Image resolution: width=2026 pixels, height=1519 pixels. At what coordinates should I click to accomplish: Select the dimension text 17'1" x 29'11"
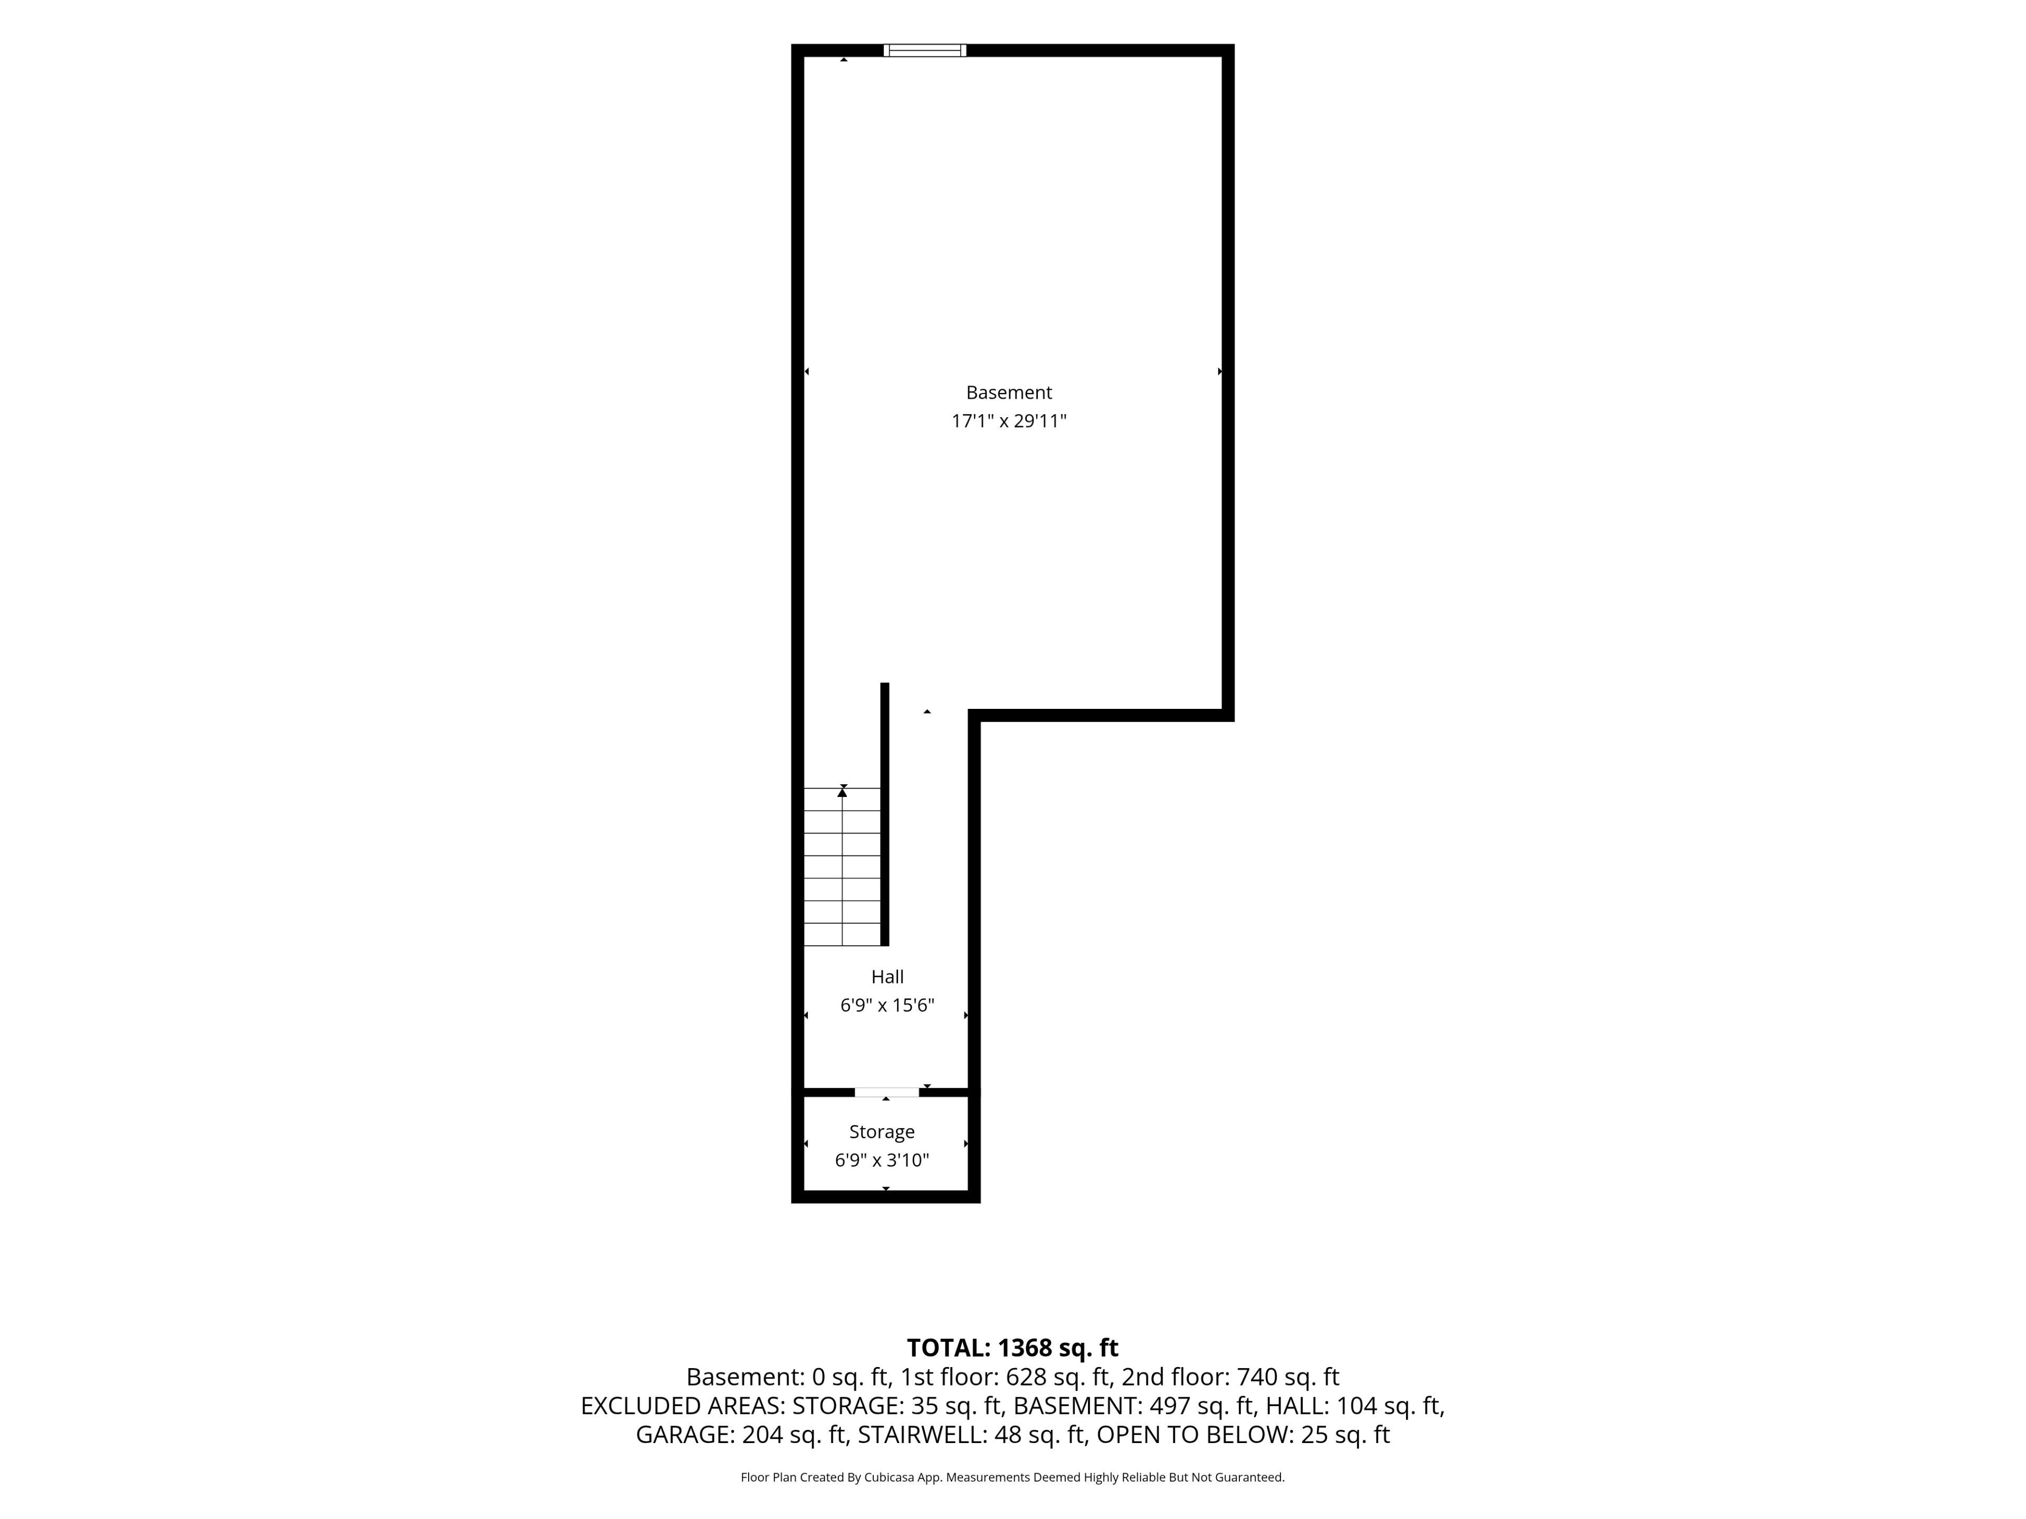pyautogui.click(x=1008, y=421)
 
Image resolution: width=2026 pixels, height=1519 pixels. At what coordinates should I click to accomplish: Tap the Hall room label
pyautogui.click(x=886, y=977)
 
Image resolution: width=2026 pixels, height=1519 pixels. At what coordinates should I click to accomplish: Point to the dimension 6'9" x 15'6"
pyautogui.click(x=886, y=1005)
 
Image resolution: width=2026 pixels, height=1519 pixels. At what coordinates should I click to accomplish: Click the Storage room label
pyautogui.click(x=881, y=1132)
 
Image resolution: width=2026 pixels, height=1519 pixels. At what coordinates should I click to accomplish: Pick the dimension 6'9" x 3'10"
pyautogui.click(x=881, y=1160)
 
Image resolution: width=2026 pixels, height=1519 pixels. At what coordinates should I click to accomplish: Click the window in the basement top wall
pyautogui.click(x=924, y=50)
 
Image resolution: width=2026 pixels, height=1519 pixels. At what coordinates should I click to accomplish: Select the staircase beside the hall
pyautogui.click(x=842, y=866)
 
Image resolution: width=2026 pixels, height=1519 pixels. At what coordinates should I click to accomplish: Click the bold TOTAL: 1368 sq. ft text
pyautogui.click(x=1012, y=1348)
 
